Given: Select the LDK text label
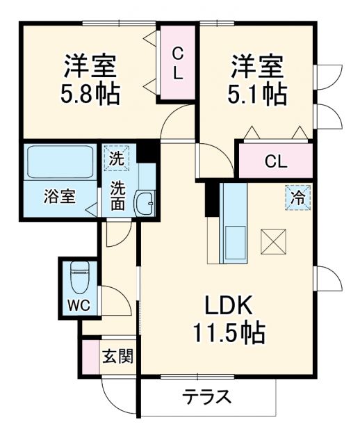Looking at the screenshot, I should [231, 306].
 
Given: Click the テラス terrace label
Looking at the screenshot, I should [206, 398].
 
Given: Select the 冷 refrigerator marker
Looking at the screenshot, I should [296, 197].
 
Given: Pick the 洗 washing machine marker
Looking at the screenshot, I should [117, 158].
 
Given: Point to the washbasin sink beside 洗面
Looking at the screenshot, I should [145, 202].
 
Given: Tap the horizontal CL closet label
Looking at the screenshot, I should [275, 161].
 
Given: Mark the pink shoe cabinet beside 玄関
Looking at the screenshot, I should [89, 357].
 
